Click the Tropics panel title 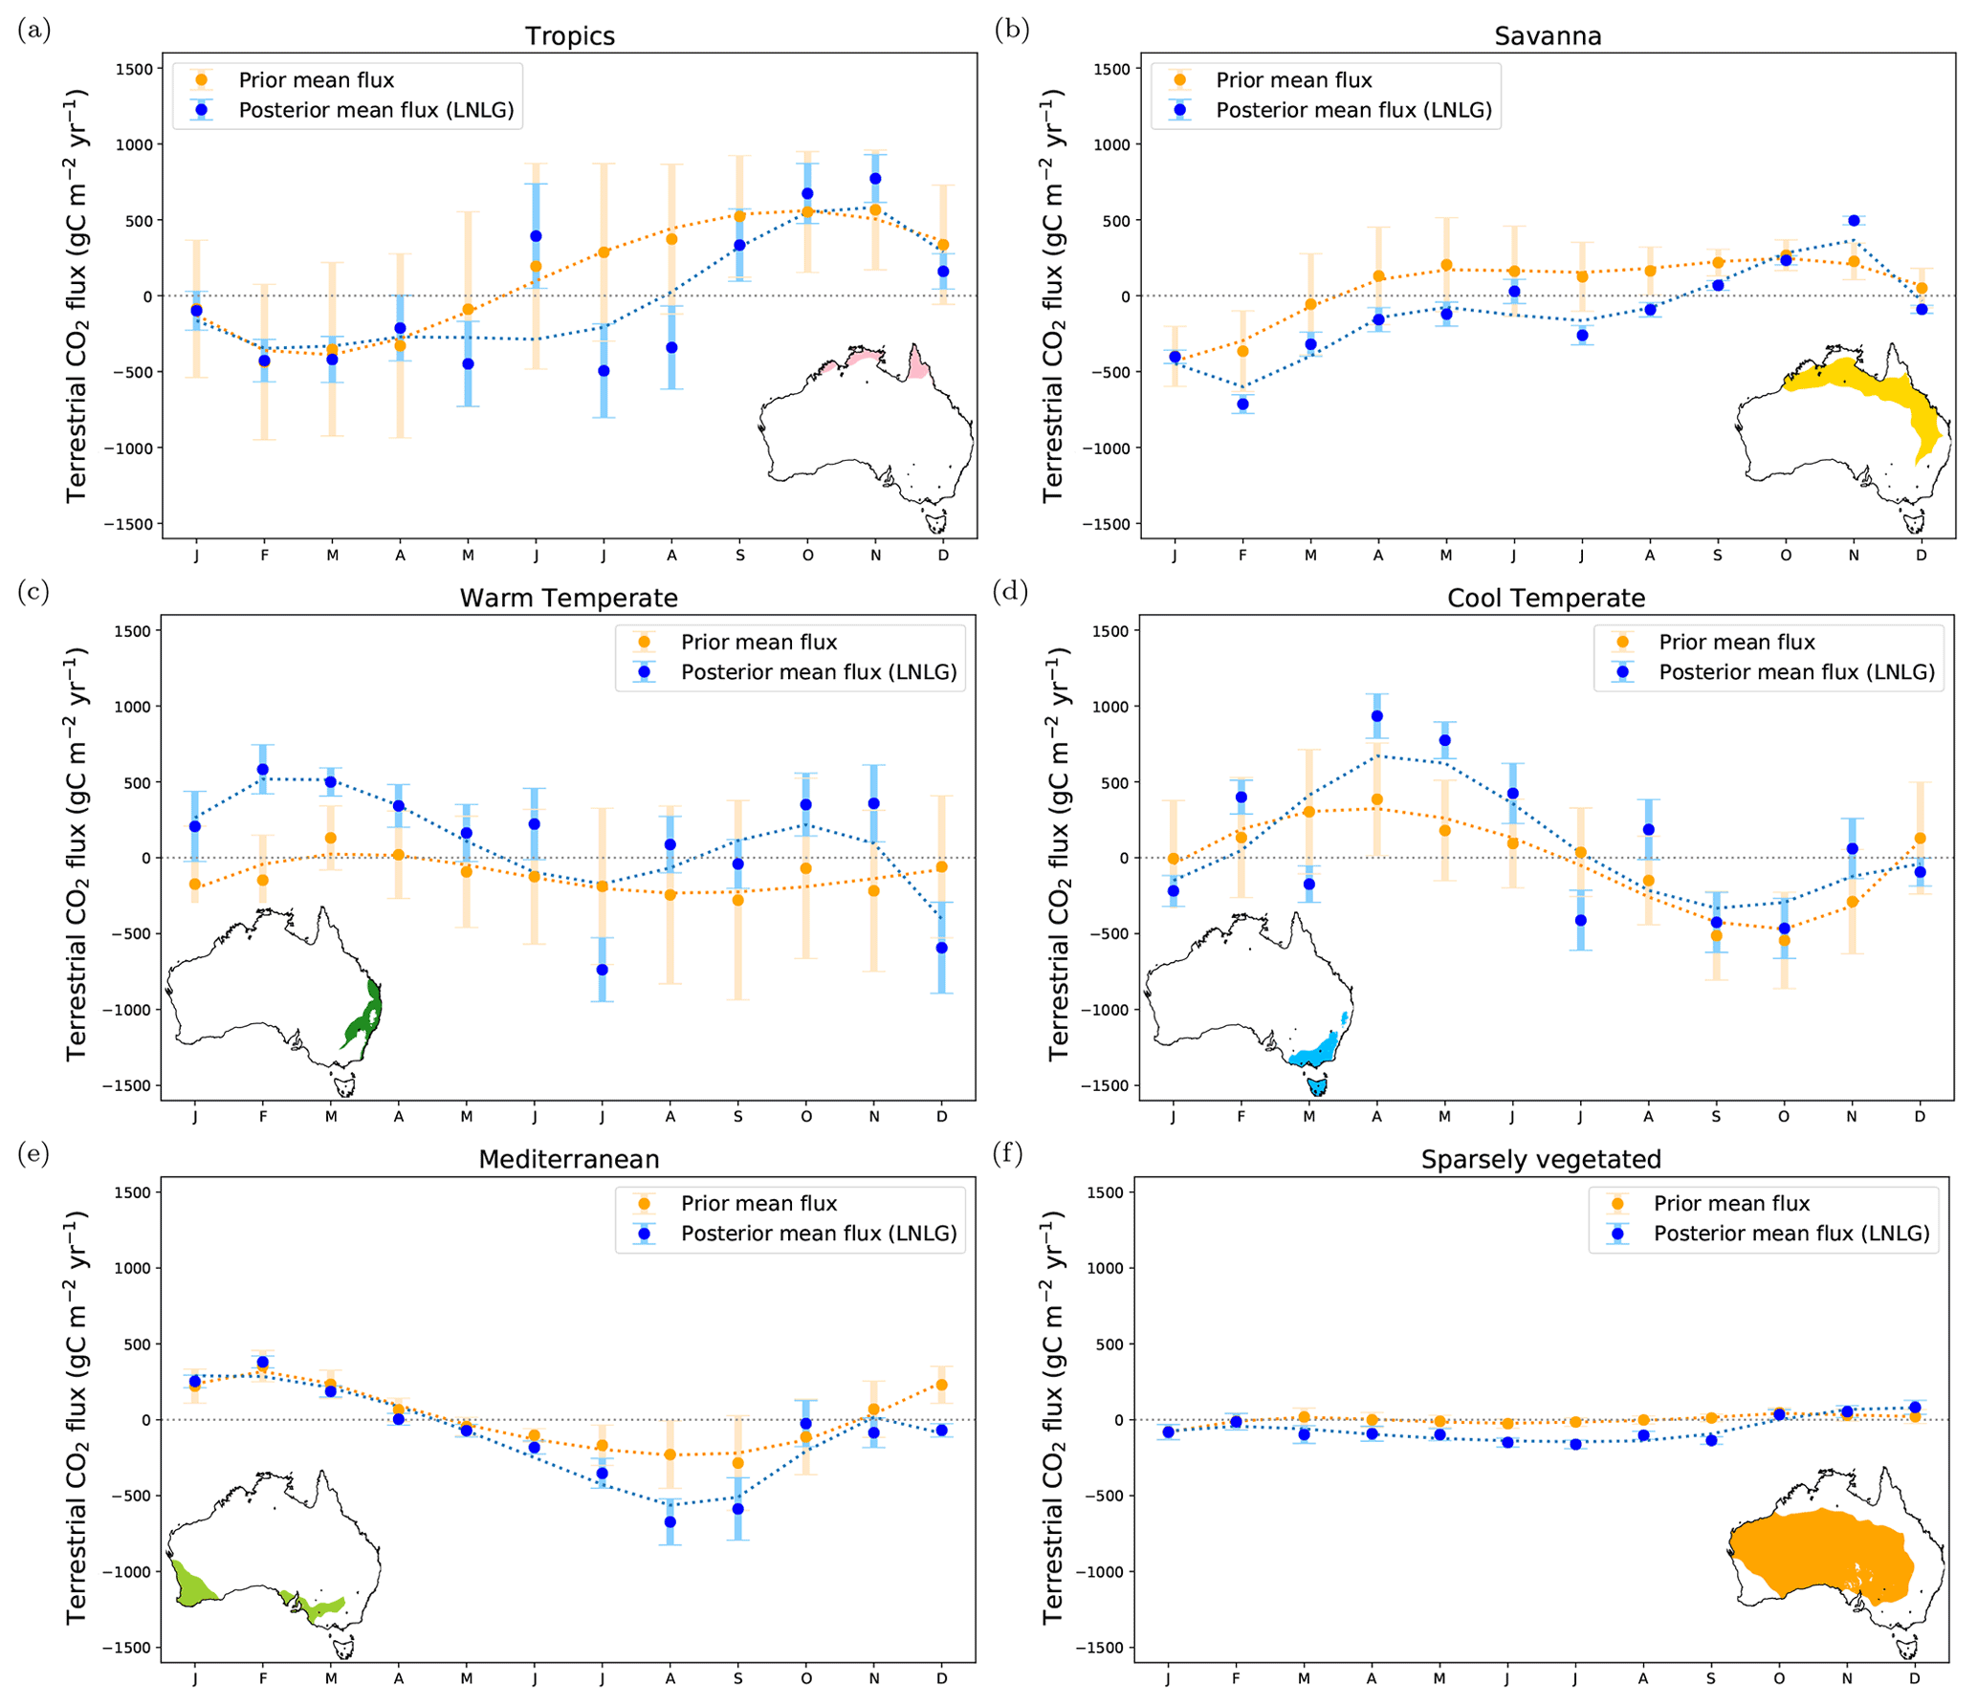(x=569, y=36)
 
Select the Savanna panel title (x=1547, y=36)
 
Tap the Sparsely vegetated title (x=1540, y=1159)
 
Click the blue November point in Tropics (x=875, y=179)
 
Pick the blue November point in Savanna (x=1853, y=221)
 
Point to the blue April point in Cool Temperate (x=1376, y=716)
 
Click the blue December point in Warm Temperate (x=942, y=948)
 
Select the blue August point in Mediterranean (x=670, y=1521)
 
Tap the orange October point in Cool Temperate (x=1783, y=940)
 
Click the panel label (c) (x=34, y=592)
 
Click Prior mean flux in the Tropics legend (x=316, y=80)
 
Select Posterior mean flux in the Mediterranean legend (x=818, y=1234)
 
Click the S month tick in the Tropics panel (x=739, y=556)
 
